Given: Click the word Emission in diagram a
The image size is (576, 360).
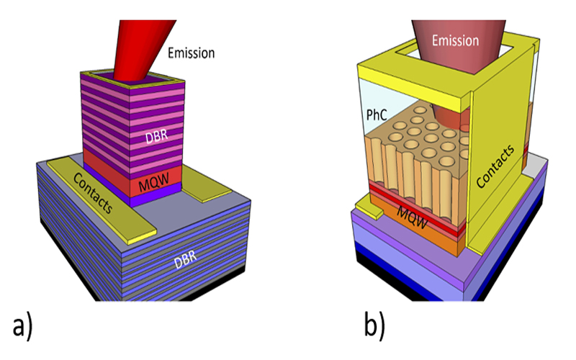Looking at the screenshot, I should [191, 53].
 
